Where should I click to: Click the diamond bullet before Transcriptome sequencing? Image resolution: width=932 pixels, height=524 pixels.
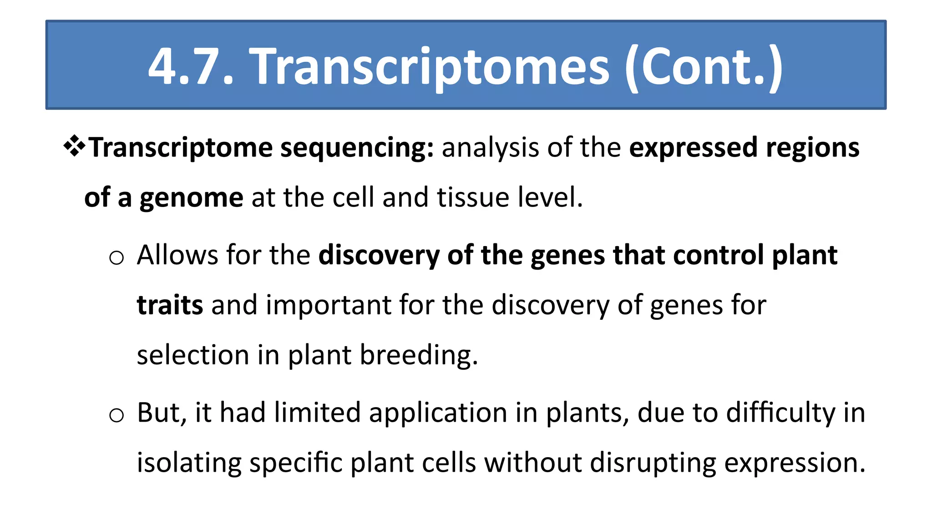[x=74, y=147]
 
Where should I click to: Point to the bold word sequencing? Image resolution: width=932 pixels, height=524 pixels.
[x=357, y=148]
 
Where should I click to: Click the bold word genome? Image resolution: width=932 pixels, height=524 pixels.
[x=191, y=198]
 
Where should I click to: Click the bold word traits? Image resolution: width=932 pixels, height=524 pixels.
[x=170, y=305]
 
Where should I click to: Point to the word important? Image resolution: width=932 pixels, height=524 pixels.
[x=328, y=305]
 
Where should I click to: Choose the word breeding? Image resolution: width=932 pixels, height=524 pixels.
[x=419, y=355]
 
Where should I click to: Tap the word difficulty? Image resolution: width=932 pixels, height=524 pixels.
[x=780, y=413]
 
